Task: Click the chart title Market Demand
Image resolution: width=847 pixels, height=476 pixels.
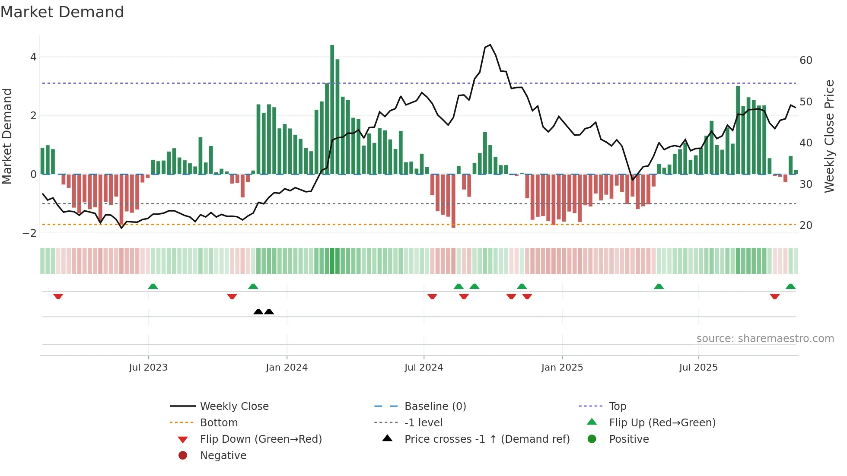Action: pyautogui.click(x=62, y=12)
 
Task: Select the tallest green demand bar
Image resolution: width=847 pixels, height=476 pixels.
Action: pyautogui.click(x=332, y=108)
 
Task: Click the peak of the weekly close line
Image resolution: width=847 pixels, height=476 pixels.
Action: pyautogui.click(x=490, y=45)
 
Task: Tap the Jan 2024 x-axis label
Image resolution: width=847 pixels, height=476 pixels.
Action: pyautogui.click(x=287, y=368)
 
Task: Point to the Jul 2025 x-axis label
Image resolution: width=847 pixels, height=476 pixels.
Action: pyautogui.click(x=698, y=368)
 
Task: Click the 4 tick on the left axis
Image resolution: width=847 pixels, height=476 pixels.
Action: pyautogui.click(x=33, y=57)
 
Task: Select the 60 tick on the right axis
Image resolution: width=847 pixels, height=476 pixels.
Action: pyautogui.click(x=806, y=60)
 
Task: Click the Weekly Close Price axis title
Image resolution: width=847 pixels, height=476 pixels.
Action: pyautogui.click(x=829, y=136)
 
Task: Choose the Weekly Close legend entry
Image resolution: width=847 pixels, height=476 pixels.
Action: pyautogui.click(x=234, y=406)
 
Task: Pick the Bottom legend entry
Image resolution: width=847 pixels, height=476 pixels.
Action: pyautogui.click(x=219, y=423)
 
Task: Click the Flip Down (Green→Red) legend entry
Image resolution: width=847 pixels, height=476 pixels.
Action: pyautogui.click(x=261, y=439)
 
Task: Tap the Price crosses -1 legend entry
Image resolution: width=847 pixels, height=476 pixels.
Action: pyautogui.click(x=487, y=439)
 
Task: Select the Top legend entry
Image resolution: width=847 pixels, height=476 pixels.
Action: pyautogui.click(x=617, y=406)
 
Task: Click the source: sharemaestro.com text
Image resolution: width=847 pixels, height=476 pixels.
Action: pyautogui.click(x=765, y=339)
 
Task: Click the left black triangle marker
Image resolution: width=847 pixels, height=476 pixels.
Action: pyautogui.click(x=258, y=311)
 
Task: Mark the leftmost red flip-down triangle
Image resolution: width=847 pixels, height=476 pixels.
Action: pyautogui.click(x=58, y=296)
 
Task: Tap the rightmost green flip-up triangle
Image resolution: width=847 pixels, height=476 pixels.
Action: pyautogui.click(x=790, y=286)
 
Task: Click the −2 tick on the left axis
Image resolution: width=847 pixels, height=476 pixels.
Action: pyautogui.click(x=29, y=233)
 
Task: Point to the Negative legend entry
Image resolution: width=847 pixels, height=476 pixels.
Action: pyautogui.click(x=223, y=456)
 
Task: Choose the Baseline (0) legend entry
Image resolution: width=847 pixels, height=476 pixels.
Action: pyautogui.click(x=435, y=406)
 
